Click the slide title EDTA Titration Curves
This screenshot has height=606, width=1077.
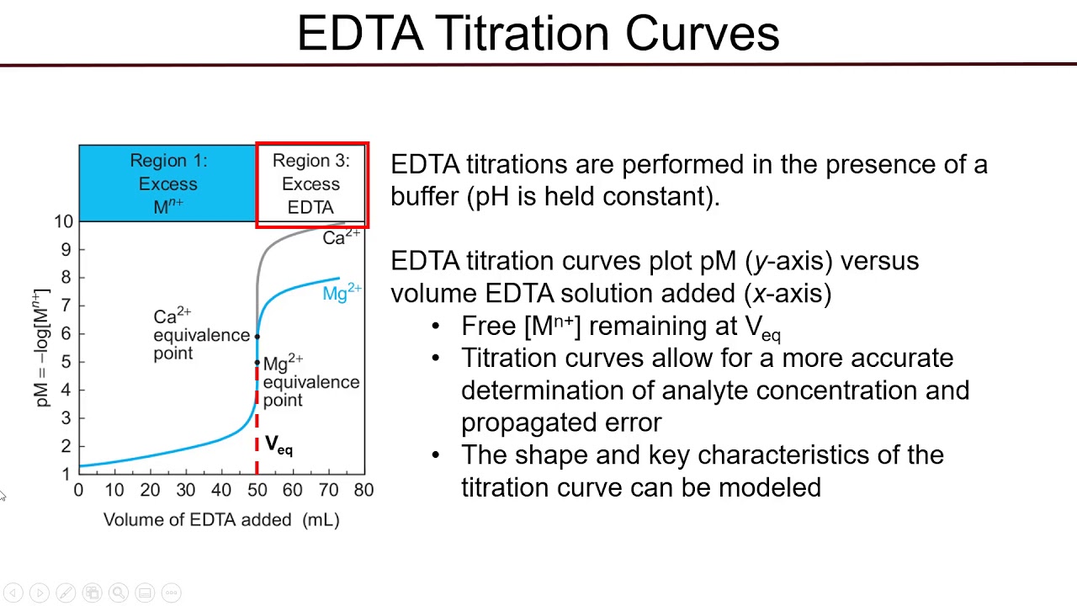click(x=538, y=34)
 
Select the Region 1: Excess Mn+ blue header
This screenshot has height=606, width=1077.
click(x=167, y=183)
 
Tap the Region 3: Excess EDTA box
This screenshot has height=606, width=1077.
click(x=311, y=183)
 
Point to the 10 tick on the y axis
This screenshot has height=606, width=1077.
click(x=63, y=221)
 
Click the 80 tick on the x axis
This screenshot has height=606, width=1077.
click(x=363, y=490)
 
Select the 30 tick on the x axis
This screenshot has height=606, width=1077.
click(x=185, y=490)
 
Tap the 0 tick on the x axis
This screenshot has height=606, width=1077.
click(x=79, y=490)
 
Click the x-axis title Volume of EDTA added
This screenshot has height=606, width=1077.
click(x=221, y=520)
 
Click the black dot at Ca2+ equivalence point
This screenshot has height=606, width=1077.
click(x=257, y=337)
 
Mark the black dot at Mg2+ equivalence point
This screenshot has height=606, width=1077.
click(x=257, y=363)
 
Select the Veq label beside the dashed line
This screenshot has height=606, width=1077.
click(x=279, y=444)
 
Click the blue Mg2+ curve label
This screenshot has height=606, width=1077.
click(x=342, y=293)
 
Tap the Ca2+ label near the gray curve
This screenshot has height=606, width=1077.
click(x=341, y=237)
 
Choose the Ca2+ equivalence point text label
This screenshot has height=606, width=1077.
click(x=200, y=335)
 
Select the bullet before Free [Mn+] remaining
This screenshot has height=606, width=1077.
click(x=436, y=327)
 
